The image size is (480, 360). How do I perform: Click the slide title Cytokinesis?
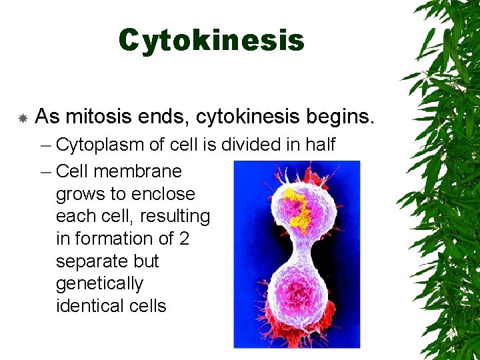point(211,41)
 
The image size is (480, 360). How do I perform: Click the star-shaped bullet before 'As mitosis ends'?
point(22,119)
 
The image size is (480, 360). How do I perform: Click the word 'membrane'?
point(138,171)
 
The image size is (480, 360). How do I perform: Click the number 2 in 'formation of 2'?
point(183,239)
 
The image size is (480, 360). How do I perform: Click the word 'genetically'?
point(99,284)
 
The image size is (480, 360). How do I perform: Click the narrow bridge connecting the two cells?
point(298,250)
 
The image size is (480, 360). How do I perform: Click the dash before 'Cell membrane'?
point(45,171)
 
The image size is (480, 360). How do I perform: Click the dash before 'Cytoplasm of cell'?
point(45,145)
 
